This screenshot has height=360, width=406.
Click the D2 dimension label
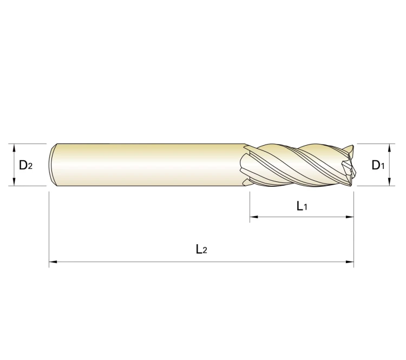[x=26, y=165]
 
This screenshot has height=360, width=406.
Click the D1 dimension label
[x=378, y=165]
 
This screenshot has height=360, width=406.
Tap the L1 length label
[x=302, y=206]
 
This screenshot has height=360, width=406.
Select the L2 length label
[x=201, y=249]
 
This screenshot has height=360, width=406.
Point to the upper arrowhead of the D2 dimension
[x=14, y=148]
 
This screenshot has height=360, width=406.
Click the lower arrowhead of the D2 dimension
[x=14, y=181]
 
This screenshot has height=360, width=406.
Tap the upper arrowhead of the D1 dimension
[x=389, y=148]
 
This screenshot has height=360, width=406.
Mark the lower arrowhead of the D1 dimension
[x=389, y=181]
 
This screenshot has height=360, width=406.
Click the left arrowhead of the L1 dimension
[x=254, y=217]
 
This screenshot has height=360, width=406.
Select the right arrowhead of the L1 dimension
[x=350, y=217]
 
